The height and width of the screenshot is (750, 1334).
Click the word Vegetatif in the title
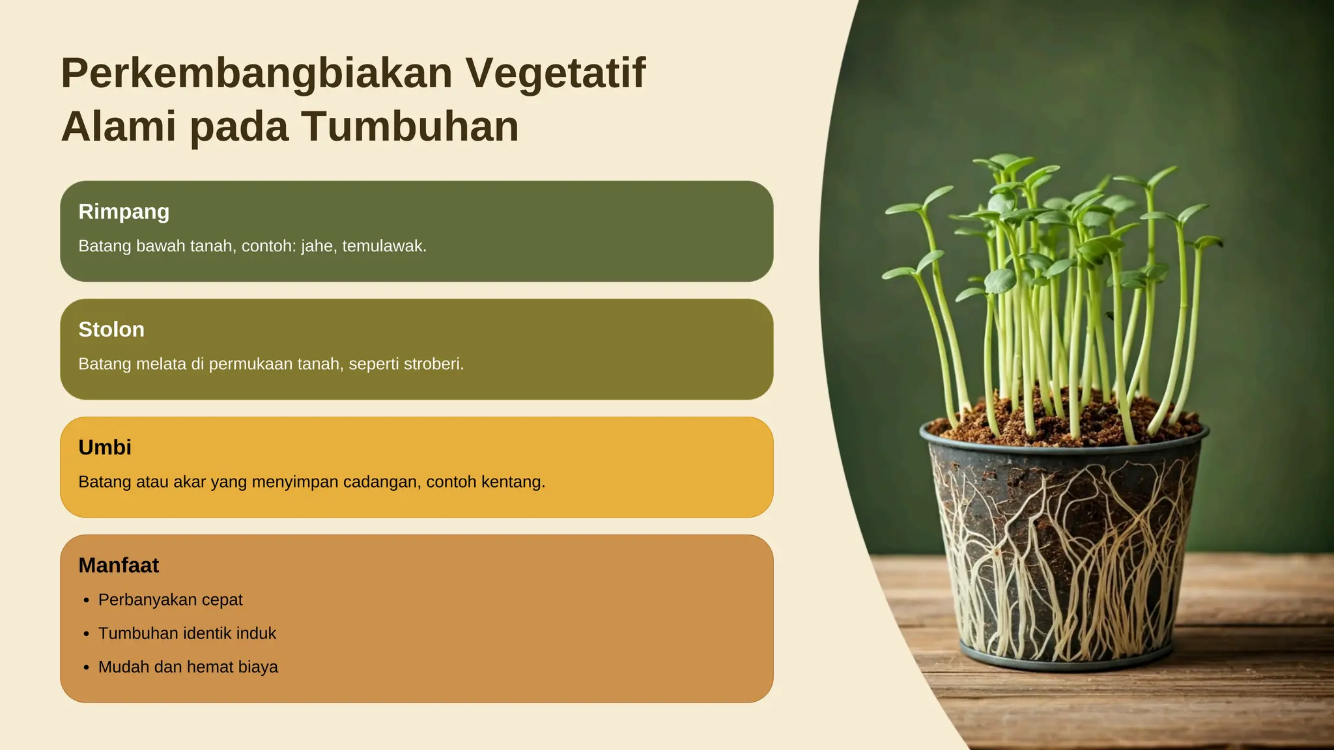coord(555,73)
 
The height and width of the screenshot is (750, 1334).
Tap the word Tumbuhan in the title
coord(410,126)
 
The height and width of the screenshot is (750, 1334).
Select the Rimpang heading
coord(124,212)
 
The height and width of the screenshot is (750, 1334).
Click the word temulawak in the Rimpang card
coord(384,246)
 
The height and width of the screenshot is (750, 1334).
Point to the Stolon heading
coord(111,329)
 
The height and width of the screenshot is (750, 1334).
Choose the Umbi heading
coord(105,447)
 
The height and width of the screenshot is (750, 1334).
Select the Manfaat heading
coord(119,565)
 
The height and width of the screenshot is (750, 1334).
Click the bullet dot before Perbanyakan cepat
coord(86,601)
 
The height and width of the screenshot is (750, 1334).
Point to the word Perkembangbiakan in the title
coord(257,73)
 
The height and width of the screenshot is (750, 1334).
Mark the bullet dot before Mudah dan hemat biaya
coord(86,668)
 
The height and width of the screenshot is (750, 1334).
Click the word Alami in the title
coord(119,126)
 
